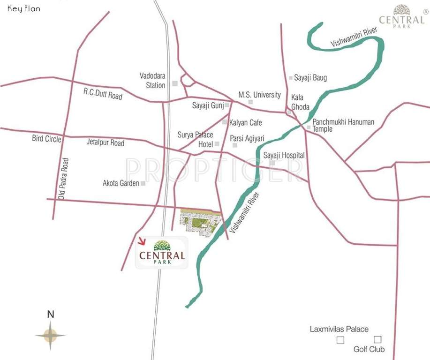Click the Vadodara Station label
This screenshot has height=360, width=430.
point(152,80)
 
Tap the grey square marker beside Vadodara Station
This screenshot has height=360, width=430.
point(175,83)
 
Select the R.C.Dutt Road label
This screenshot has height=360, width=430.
point(103,93)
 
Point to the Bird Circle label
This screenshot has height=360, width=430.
point(46,139)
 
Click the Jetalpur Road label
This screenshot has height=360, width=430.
point(106,142)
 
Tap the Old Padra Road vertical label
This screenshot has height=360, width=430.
point(63,179)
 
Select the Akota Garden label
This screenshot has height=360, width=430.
point(121,183)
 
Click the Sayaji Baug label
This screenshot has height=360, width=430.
point(310,78)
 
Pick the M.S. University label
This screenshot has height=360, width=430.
point(259,95)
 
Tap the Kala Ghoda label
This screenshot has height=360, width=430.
point(300,102)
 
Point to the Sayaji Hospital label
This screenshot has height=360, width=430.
point(284,155)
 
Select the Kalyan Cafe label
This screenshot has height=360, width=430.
point(246,123)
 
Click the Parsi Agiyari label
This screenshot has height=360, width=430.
point(247,138)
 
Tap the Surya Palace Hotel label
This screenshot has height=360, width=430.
point(195,139)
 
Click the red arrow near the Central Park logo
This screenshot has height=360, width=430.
point(142,241)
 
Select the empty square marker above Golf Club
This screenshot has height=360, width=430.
point(377,339)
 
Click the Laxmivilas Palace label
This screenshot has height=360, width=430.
point(339,329)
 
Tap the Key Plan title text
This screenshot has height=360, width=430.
point(23,9)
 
